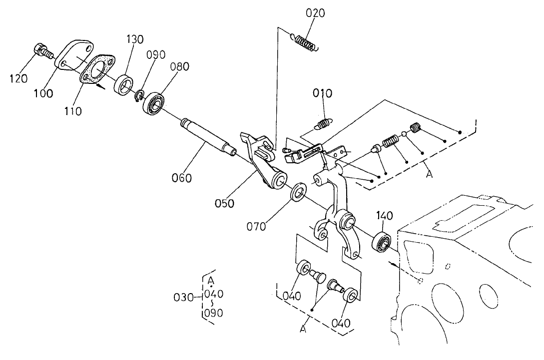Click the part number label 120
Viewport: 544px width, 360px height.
(19, 79)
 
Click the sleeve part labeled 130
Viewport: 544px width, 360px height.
(125, 83)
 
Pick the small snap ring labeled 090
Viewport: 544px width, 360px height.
(140, 95)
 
